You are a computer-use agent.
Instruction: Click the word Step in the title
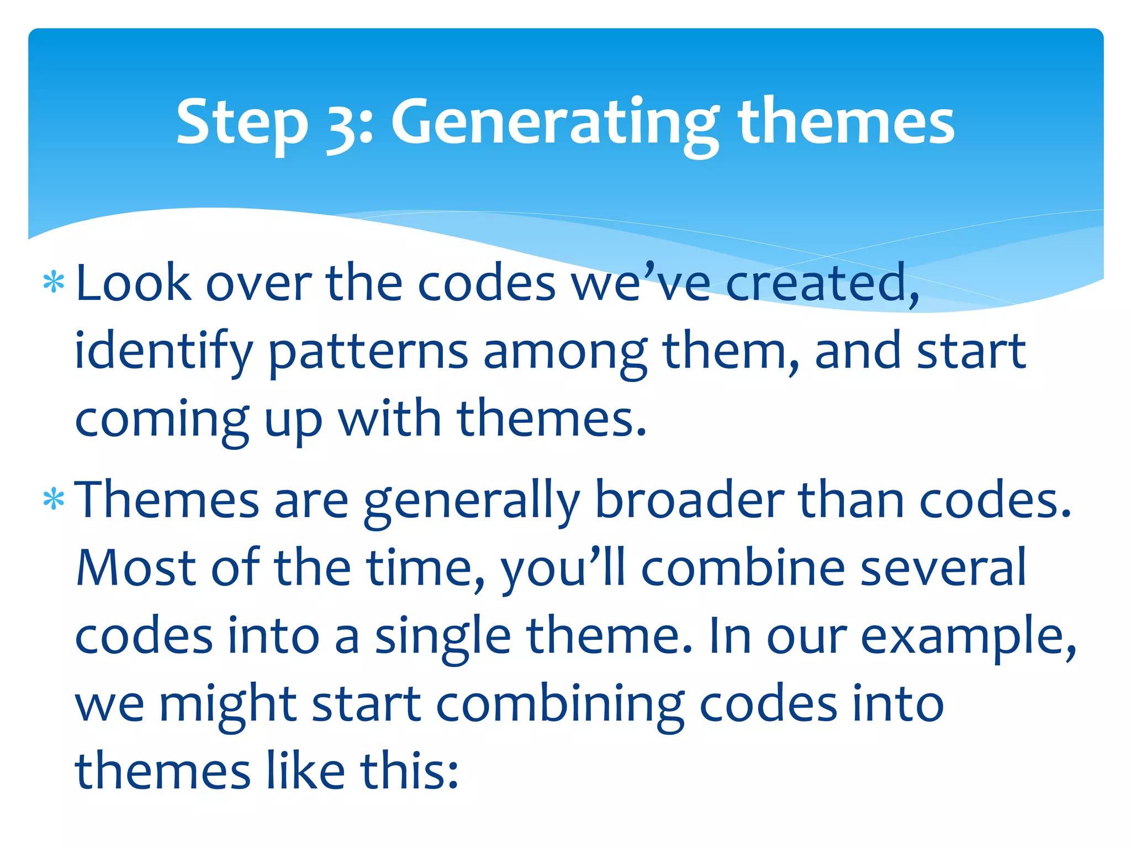[242, 123]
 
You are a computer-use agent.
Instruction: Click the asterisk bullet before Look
[54, 283]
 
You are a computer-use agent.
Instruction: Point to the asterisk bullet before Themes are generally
[54, 500]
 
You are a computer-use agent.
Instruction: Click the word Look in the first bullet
[133, 283]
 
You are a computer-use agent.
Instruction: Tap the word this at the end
[409, 771]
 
